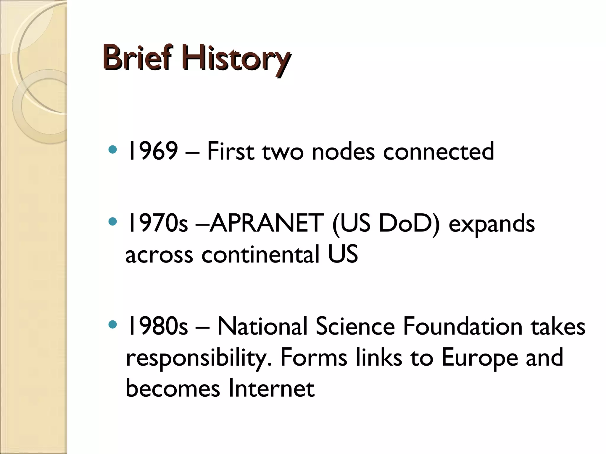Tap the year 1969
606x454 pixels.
coord(152,151)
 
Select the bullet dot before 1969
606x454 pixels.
coord(113,150)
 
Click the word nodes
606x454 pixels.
coord(343,152)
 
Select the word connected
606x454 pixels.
coord(439,151)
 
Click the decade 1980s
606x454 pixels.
coord(157,326)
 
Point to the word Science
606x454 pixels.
coord(355,326)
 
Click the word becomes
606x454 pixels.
coord(173,388)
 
